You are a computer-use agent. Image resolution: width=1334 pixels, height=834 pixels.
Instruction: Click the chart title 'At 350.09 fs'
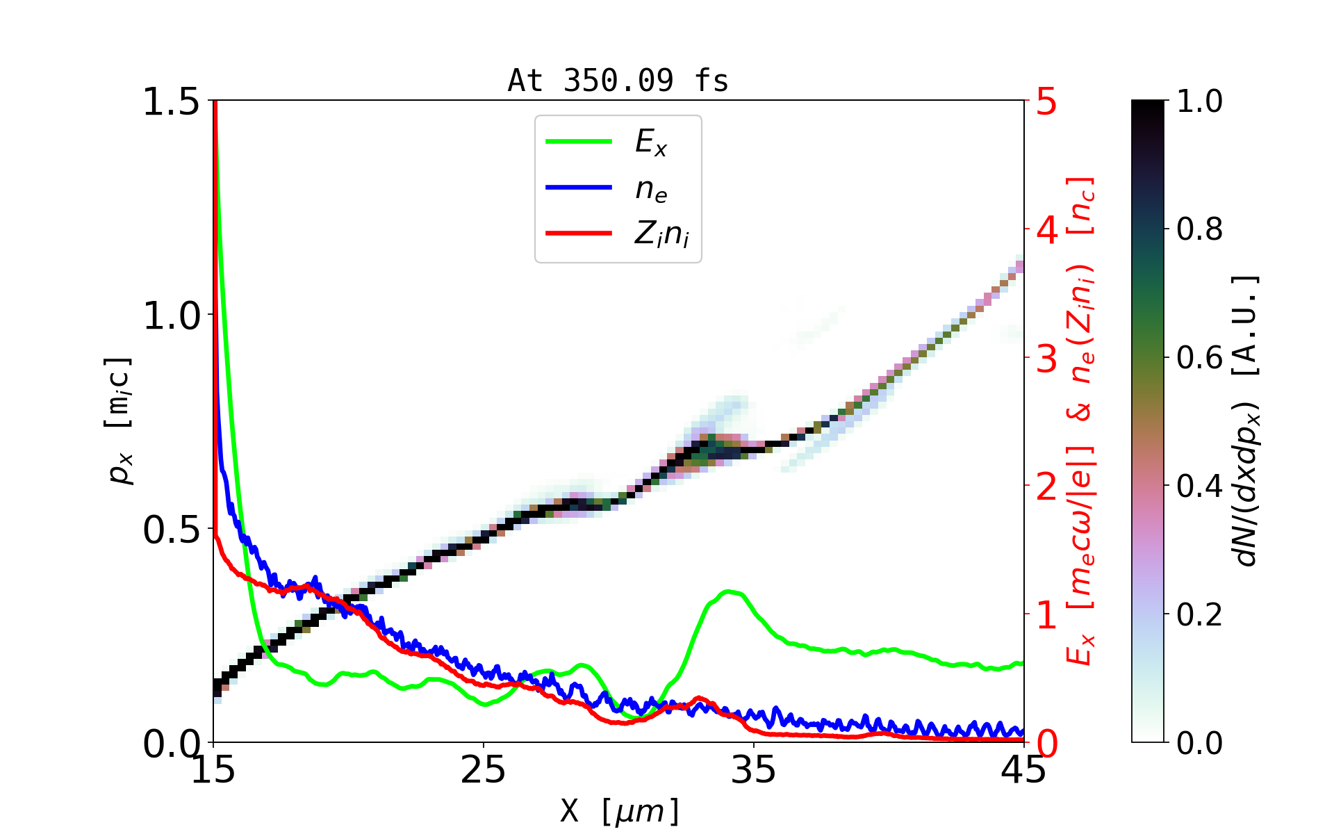tap(618, 81)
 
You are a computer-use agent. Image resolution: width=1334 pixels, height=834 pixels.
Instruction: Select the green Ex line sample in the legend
tap(579, 142)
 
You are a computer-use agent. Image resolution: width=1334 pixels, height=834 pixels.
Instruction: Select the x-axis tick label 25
tap(483, 770)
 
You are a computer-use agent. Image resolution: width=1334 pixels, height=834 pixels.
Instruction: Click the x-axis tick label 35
tap(753, 770)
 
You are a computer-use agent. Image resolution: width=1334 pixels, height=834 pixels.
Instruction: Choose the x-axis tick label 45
tap(1023, 770)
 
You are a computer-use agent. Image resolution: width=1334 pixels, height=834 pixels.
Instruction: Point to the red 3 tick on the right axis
tap(1046, 359)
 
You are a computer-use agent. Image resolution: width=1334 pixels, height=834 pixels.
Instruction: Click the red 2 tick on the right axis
tap(1046, 487)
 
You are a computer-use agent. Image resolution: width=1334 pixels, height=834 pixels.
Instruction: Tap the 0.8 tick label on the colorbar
tap(1199, 229)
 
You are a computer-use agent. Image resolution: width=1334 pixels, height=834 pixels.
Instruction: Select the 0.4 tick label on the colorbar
tap(1199, 486)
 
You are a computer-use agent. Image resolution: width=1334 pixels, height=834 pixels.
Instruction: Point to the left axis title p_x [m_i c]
tap(119, 420)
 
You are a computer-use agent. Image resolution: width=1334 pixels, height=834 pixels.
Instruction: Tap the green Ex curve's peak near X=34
tap(729, 591)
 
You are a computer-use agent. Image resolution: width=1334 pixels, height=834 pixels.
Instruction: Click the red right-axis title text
tap(1081, 420)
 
